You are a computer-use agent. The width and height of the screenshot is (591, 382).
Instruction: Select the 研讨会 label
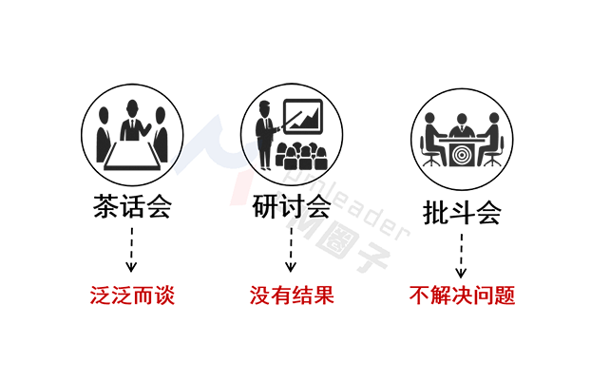292,208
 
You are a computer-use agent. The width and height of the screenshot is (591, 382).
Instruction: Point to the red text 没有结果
292,296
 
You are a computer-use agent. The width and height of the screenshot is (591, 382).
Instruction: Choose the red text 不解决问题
462,296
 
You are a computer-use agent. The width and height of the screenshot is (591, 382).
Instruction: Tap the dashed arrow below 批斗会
462,255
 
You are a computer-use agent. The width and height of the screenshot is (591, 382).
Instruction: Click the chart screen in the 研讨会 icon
306,119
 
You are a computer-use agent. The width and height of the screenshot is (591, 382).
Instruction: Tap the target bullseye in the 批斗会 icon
462,152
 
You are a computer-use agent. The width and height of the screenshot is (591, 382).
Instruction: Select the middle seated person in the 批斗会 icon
462,128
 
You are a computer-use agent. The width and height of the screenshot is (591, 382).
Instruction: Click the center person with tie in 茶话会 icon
132,122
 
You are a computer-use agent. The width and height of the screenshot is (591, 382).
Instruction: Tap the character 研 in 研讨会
265,208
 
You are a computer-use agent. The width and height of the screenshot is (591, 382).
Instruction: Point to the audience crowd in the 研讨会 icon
299,155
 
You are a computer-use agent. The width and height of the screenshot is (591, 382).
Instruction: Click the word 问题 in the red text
497,296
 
